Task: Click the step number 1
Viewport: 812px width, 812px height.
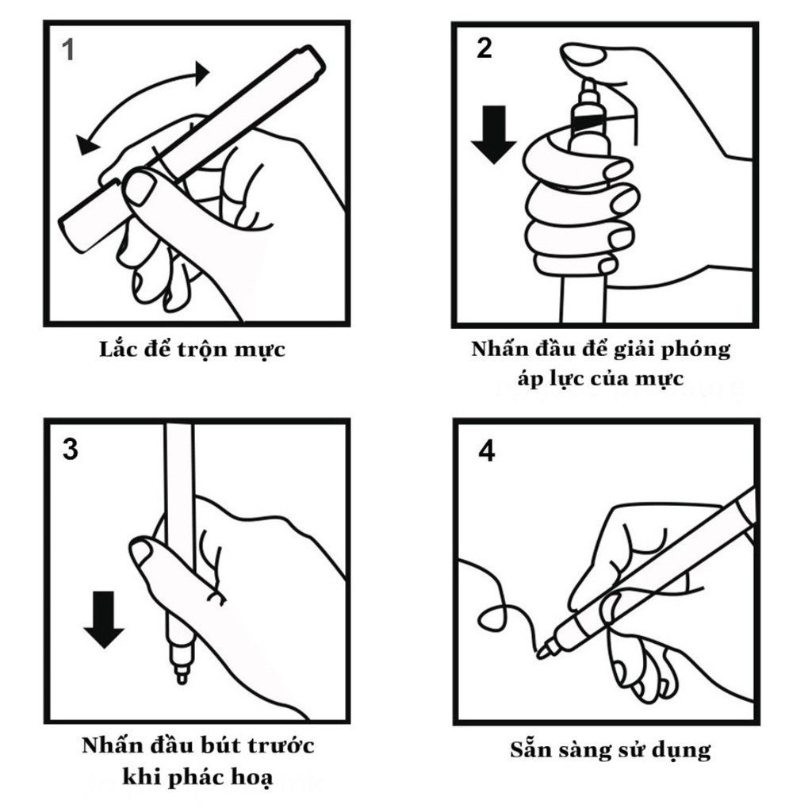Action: (x=69, y=50)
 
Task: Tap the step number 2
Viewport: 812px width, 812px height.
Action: (x=484, y=48)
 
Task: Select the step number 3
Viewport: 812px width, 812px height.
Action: (x=70, y=450)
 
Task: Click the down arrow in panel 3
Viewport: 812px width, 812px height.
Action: (x=104, y=619)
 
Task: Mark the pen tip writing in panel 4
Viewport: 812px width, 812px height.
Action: (x=543, y=653)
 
